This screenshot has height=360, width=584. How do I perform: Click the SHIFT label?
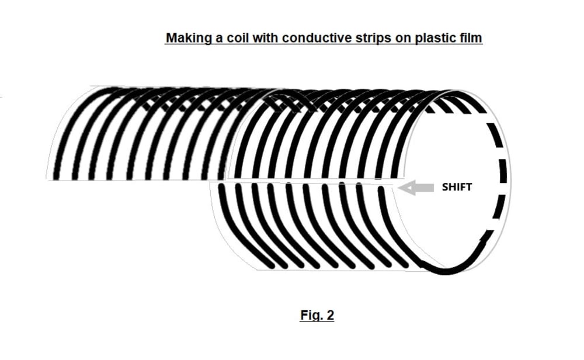pyautogui.click(x=457, y=188)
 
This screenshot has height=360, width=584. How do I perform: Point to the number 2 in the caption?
pyautogui.click(x=331, y=316)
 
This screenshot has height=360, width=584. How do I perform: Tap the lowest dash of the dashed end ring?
pyautogui.click(x=488, y=237)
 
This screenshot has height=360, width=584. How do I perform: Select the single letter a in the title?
pyautogui.click(x=214, y=38)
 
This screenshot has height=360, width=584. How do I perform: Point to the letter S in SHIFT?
pyautogui.click(x=446, y=188)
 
